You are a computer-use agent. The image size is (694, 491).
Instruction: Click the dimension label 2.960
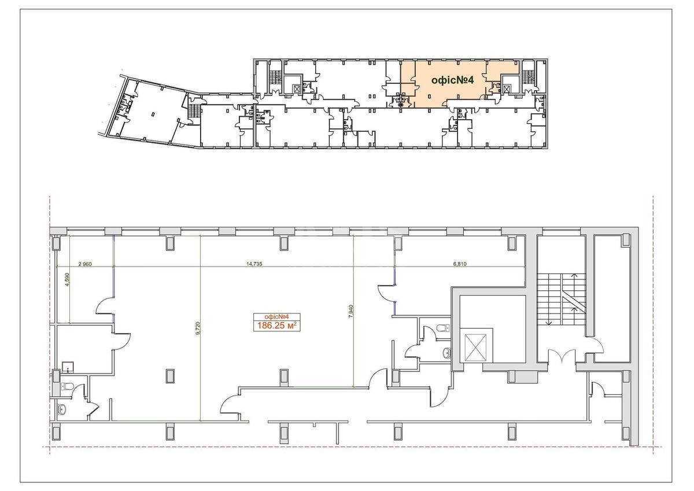[x=84, y=264]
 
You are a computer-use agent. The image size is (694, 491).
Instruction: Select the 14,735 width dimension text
[x=254, y=264]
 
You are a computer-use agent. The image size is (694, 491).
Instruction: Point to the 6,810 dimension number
[x=460, y=264]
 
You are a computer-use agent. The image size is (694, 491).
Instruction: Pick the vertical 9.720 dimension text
[x=197, y=330]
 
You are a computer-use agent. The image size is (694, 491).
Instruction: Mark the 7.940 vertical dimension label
[x=351, y=317]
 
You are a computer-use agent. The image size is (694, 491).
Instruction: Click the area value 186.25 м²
[x=276, y=326]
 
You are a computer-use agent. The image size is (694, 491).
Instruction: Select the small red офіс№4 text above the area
[x=276, y=316]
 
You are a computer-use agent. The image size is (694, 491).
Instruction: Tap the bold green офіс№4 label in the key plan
[x=453, y=81]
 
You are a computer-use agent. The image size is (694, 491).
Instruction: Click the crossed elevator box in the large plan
[x=478, y=346]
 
